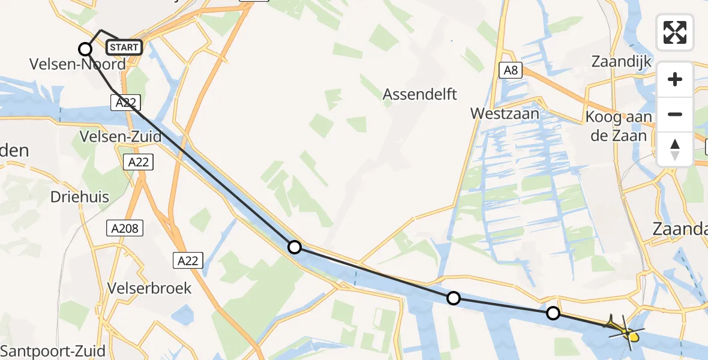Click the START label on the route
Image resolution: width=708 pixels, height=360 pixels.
(124, 47)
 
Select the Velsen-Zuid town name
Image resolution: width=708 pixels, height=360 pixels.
(120, 137)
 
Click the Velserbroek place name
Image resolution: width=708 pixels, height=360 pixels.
(149, 288)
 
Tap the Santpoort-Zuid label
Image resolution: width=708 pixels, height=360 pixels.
(53, 351)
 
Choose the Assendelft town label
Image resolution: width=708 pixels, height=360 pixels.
(420, 94)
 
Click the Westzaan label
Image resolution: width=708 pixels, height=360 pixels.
(505, 113)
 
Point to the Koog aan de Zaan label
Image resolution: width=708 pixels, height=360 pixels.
(621, 126)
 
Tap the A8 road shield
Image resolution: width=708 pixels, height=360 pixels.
(511, 71)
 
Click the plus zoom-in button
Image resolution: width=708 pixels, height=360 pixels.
(675, 80)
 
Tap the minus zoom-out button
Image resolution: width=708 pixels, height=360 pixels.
(675, 114)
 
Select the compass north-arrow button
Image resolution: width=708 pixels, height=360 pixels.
(675, 148)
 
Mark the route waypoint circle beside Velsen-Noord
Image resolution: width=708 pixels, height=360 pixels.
(86, 49)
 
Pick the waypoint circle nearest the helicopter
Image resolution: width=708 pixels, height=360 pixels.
(553, 313)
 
